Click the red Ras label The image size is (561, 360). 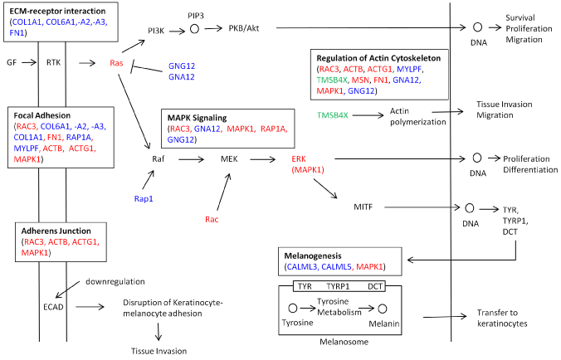(x=117, y=63)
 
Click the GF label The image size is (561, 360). (x=12, y=63)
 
